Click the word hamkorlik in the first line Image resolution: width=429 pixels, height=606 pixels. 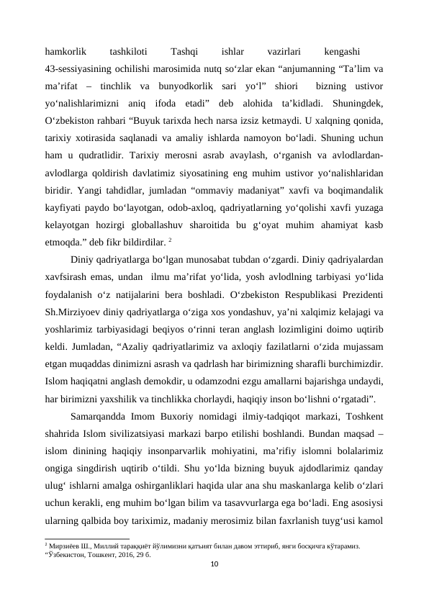pos(66,52)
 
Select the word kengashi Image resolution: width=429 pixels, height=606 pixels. pos(343,52)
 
